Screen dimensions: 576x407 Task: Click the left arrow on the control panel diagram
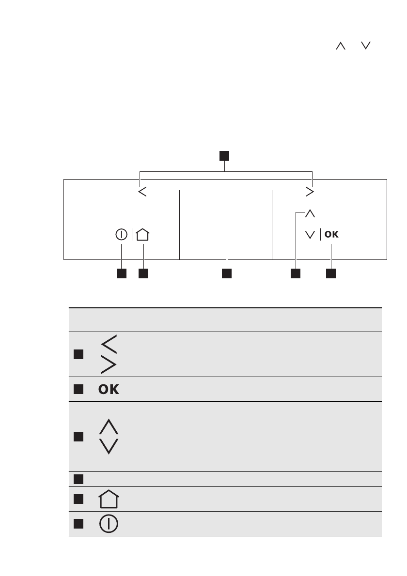[x=142, y=192]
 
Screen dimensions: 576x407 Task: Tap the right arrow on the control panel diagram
[x=310, y=192]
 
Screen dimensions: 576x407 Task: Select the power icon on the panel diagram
[x=121, y=235]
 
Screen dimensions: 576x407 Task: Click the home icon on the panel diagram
[x=143, y=235]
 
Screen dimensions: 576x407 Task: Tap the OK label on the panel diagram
[x=331, y=235]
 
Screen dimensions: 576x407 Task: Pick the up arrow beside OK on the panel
[x=310, y=213]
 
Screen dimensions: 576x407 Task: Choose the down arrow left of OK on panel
[x=310, y=235]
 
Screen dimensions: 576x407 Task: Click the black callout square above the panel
[x=224, y=156]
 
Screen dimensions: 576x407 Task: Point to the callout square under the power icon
[x=121, y=274]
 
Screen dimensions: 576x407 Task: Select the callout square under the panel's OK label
[x=331, y=274]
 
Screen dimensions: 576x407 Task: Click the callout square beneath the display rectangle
[x=226, y=274]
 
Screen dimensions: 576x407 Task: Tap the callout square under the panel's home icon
[x=143, y=274]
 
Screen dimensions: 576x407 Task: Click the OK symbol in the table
[x=109, y=390]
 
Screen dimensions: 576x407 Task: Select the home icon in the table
[x=109, y=500]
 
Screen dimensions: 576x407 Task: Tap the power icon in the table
[x=109, y=524]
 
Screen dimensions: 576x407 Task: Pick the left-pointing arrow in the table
[x=109, y=345]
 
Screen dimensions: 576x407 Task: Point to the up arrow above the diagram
[x=341, y=45]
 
